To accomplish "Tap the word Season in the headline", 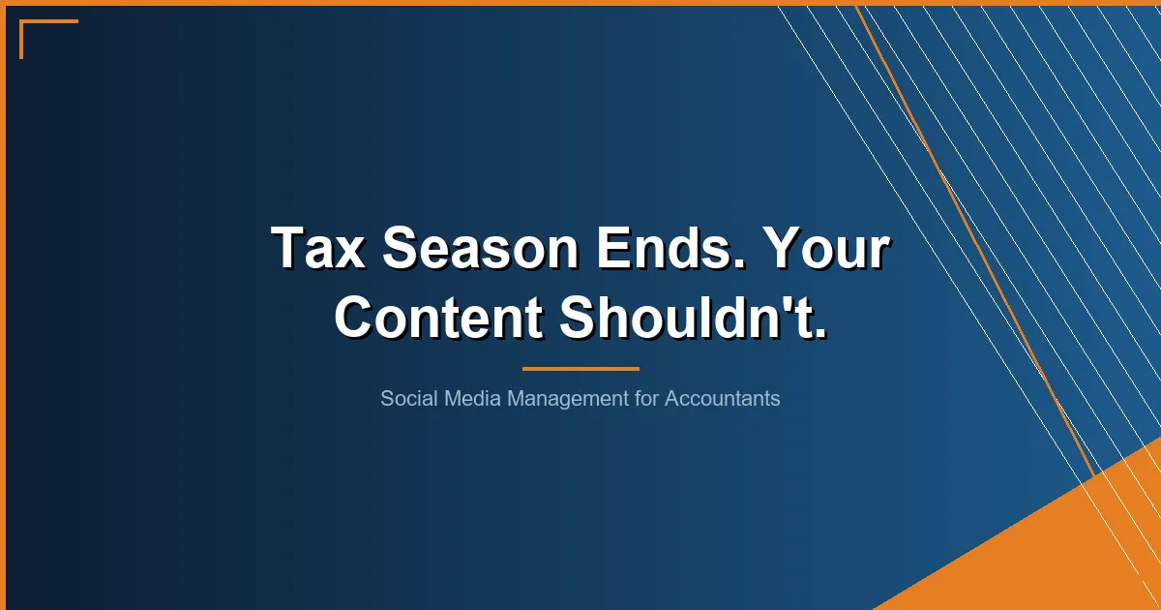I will (479, 248).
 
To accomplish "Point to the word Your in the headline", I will (823, 248).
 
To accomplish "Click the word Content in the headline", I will (438, 317).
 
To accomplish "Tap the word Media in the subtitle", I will (469, 398).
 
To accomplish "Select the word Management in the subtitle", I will (567, 398).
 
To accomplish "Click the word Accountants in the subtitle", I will (722, 398).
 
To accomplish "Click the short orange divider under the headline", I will (580, 368).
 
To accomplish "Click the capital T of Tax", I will (287, 248).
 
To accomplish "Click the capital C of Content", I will (355, 317).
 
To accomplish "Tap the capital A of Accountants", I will (671, 398).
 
